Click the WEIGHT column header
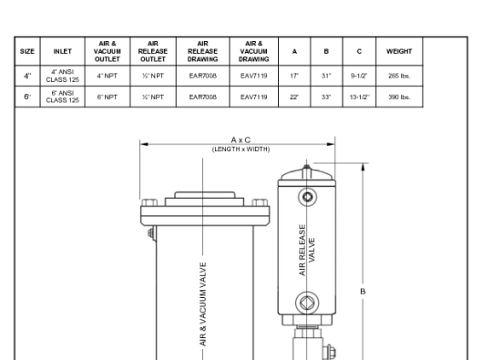point(399,51)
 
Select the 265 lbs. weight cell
point(399,76)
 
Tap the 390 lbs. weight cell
point(399,98)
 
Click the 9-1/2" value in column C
point(359,76)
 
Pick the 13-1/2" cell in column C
point(359,98)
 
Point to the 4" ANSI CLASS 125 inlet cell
point(62,76)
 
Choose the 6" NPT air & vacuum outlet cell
point(108,98)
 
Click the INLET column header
point(62,51)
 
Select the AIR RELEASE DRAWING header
point(202,51)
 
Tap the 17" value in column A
point(294,76)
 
